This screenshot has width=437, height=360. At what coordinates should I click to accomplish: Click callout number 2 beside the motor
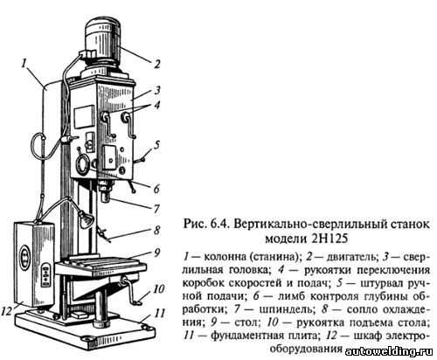157,64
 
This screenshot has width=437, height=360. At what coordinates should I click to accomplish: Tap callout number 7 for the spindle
157,209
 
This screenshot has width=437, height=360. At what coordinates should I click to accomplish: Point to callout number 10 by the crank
159,289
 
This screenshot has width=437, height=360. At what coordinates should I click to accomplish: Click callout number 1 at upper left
24,63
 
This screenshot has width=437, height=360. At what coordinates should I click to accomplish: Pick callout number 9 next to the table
157,253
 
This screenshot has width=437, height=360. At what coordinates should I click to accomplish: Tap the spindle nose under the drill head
106,191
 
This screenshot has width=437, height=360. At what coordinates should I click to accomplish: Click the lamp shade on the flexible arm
86,220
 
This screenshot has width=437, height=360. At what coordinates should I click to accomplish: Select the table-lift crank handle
130,292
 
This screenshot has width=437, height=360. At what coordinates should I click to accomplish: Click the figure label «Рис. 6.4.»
206,225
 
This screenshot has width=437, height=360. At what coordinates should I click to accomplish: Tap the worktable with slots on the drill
101,265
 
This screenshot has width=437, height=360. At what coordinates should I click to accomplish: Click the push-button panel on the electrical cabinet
45,274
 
